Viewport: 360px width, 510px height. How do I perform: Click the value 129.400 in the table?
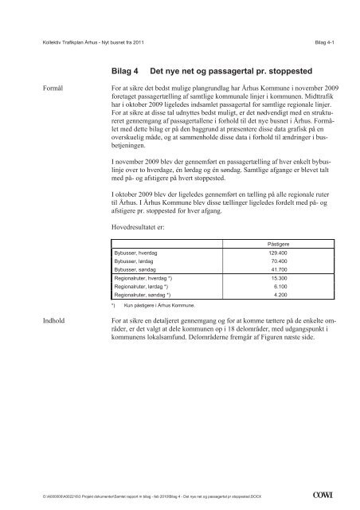[x=276, y=253]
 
